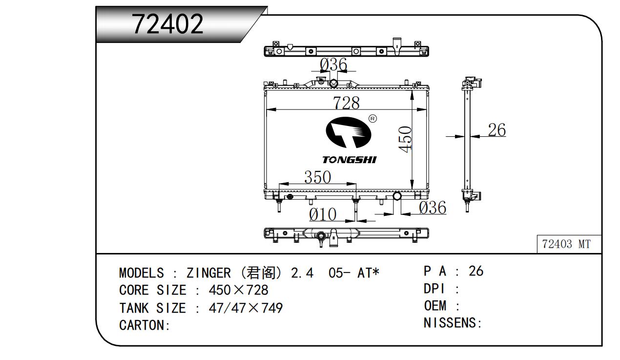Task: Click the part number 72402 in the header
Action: pos(167,23)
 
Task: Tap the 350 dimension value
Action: pos(317,177)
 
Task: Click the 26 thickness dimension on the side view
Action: pos(496,130)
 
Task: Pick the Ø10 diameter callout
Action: pos(323,214)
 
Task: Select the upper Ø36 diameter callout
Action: pos(333,64)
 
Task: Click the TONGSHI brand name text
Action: pos(349,160)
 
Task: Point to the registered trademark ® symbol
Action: pos(372,119)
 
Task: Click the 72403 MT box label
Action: pos(566,244)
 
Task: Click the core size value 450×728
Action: pos(238,290)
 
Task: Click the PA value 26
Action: pos(475,271)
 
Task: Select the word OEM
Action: pos(435,306)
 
